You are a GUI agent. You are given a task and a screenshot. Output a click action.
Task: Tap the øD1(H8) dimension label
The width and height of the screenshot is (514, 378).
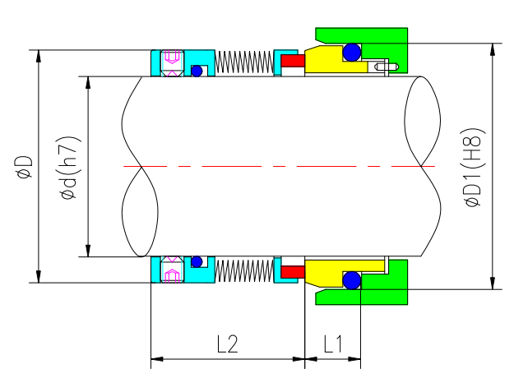[474, 168]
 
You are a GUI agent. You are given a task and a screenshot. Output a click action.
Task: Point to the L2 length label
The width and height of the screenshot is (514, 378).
[227, 344]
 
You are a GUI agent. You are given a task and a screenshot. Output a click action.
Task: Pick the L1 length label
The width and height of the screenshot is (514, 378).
[333, 344]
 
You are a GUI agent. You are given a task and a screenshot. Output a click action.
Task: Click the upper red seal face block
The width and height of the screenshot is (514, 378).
[292, 61]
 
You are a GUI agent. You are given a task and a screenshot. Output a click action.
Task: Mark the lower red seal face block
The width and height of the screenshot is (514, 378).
[292, 270]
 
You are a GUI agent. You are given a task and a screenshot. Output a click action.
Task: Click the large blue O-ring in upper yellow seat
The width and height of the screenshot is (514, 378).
[352, 53]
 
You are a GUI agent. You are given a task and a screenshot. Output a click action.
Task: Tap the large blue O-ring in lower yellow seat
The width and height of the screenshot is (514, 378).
[352, 280]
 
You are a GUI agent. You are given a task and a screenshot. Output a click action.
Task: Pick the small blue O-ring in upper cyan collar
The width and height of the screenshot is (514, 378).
[197, 71]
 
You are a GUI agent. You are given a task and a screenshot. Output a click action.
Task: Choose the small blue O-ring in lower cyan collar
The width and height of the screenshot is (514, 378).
[197, 262]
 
